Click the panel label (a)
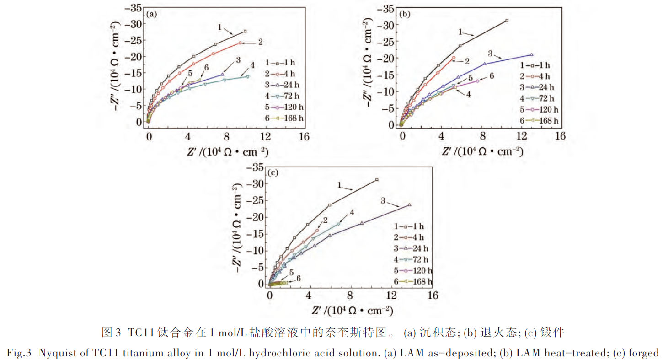click(x=152, y=14)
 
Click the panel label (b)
click(x=405, y=14)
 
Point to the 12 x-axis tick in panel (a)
click(x=265, y=137)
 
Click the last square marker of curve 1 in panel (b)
click(x=507, y=21)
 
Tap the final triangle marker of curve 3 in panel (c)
click(x=409, y=205)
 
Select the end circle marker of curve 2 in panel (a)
click(x=240, y=43)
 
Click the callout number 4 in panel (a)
click(x=252, y=70)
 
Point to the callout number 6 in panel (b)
click(x=492, y=76)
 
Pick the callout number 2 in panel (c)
click(x=325, y=220)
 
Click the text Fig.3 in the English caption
click(x=18, y=353)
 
